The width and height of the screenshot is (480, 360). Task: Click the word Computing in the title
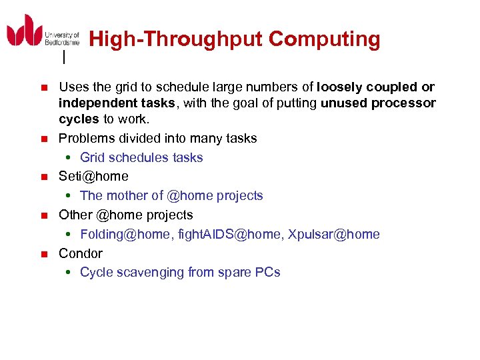tap(325, 39)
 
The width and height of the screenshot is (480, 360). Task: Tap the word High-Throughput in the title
tap(176, 39)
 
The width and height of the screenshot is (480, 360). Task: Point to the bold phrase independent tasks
tap(117, 103)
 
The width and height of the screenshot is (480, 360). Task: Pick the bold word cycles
tap(79, 119)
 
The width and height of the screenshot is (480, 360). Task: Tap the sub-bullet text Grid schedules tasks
tap(141, 157)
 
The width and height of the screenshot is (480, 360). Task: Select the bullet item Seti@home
tap(93, 176)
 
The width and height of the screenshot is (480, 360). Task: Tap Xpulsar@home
tap(334, 234)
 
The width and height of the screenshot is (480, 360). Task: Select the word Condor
tap(81, 253)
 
